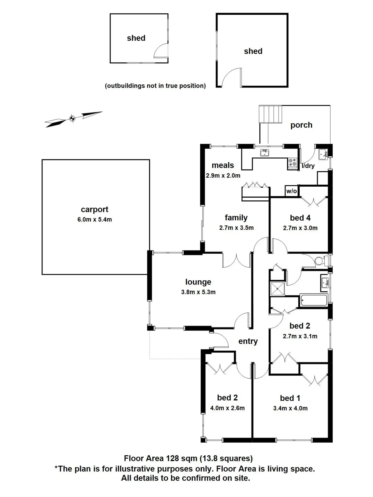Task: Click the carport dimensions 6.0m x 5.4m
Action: click(94, 220)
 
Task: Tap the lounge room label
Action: click(198, 282)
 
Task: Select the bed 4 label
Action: click(300, 218)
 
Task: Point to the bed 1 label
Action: click(290, 398)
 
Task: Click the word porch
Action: click(301, 125)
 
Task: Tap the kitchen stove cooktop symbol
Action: click(292, 162)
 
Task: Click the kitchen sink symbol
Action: click(264, 153)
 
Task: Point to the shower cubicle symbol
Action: click(277, 289)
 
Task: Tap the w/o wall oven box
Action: click(291, 191)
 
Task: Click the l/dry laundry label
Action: click(308, 166)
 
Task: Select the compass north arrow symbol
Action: click(73, 118)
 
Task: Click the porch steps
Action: click(270, 114)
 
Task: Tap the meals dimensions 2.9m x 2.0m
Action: click(223, 176)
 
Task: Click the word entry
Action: click(248, 341)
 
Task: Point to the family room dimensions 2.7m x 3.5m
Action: click(236, 228)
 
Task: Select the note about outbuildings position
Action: click(155, 86)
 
